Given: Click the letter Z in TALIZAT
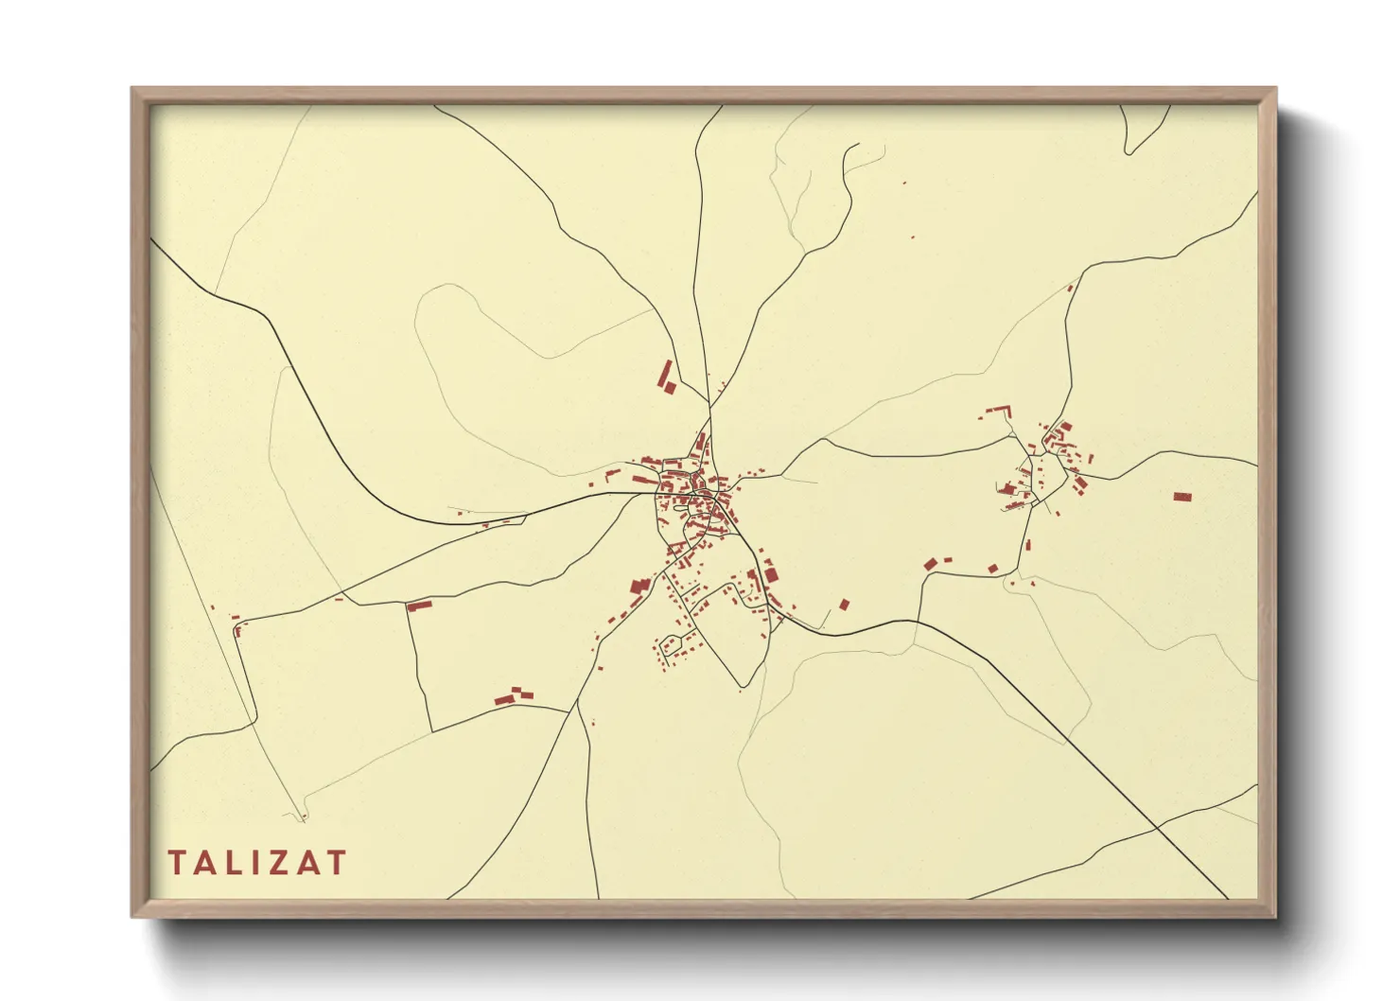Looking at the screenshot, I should [273, 863].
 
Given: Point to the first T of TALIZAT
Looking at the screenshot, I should [177, 863].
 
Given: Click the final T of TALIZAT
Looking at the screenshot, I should [336, 863].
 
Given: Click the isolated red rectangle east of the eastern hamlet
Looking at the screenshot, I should [1181, 497].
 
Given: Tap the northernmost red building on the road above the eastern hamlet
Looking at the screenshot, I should [1071, 287].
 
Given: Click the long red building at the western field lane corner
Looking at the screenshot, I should [419, 605].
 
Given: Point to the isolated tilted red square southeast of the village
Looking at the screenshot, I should [845, 604].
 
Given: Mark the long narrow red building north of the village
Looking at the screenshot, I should [665, 376].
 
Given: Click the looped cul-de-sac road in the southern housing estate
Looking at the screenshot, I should [674, 644].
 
